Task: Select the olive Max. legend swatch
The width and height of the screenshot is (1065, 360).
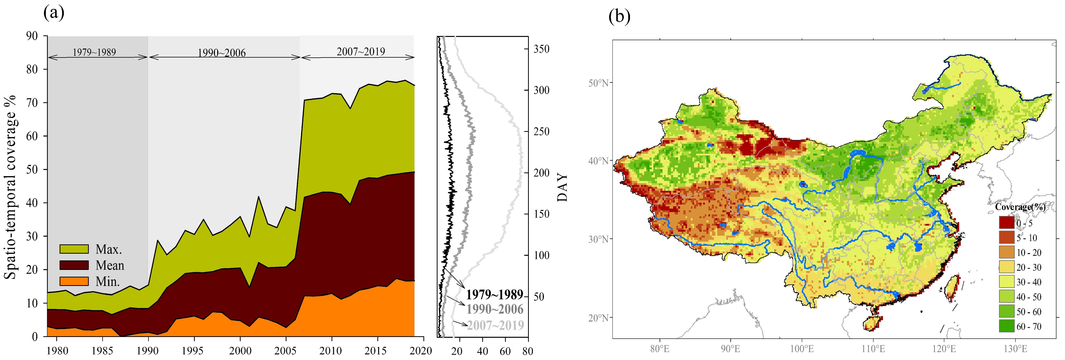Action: [x=74, y=249]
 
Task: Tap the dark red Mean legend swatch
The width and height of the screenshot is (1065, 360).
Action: [x=74, y=265]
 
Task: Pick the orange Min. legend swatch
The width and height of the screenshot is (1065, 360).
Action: [x=74, y=281]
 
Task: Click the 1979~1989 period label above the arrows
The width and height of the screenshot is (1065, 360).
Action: [x=94, y=52]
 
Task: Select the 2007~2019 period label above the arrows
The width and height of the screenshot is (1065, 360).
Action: [x=361, y=52]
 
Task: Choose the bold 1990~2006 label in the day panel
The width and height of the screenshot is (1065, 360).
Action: [x=495, y=309]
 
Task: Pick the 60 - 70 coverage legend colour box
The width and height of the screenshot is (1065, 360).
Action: [x=1006, y=326]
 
